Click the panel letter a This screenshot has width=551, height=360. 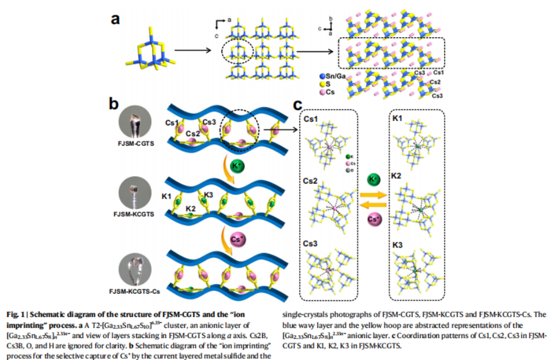pyautogui.click(x=115, y=19)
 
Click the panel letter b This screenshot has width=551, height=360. pyautogui.click(x=114, y=103)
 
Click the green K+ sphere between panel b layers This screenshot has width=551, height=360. pyautogui.click(x=238, y=165)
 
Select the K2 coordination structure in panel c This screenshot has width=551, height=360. pyautogui.click(x=417, y=207)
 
